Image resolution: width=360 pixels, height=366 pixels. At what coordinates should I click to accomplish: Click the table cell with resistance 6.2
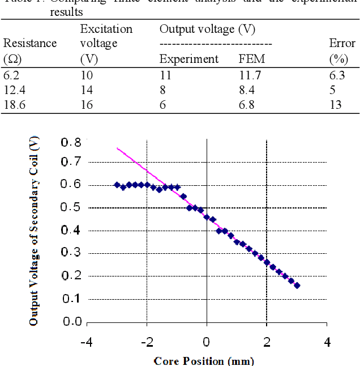(x=11, y=74)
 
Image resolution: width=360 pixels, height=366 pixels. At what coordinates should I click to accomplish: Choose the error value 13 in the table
(x=335, y=105)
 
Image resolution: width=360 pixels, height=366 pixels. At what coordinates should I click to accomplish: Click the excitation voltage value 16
(x=86, y=105)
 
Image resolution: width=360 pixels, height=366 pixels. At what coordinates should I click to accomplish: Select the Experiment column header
(x=188, y=59)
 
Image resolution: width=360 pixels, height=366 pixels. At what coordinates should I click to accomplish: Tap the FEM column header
(x=251, y=59)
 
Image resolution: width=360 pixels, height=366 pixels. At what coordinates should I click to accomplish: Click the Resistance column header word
(x=30, y=44)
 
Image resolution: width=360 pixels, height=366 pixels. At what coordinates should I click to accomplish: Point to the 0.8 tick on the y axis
(x=71, y=142)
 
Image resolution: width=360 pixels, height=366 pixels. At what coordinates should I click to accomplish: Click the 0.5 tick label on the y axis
(x=71, y=208)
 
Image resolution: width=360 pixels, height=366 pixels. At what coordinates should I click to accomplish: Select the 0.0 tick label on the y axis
(x=71, y=322)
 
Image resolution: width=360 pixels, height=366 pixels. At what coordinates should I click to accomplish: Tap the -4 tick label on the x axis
(x=86, y=342)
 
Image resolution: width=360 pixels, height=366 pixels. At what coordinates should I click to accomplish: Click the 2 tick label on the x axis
(x=267, y=342)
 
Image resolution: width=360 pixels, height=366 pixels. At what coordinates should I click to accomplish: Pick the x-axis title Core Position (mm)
(x=204, y=360)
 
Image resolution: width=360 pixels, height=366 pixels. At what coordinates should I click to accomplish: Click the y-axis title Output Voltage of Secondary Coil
(x=35, y=232)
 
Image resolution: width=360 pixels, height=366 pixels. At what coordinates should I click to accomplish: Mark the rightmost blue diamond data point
(x=297, y=286)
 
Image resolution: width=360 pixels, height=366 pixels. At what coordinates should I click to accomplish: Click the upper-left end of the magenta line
(x=118, y=148)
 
